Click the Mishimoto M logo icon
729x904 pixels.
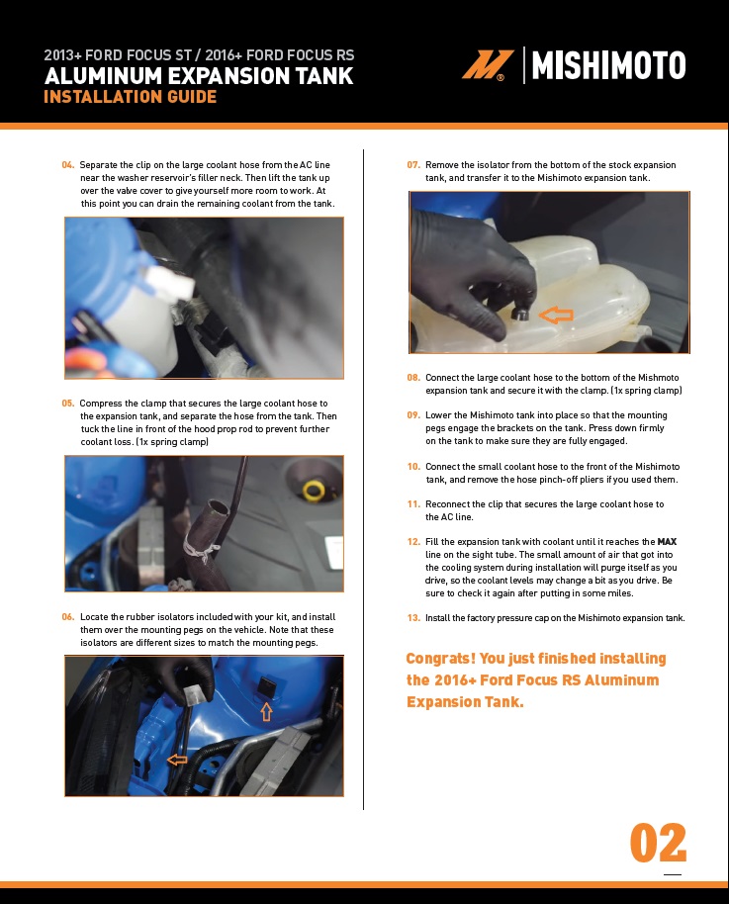(x=488, y=64)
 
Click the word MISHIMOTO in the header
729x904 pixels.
(x=608, y=65)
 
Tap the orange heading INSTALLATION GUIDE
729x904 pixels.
(x=131, y=96)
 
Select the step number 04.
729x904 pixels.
(x=68, y=165)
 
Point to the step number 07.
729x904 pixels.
(x=413, y=165)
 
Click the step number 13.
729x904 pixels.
(x=413, y=618)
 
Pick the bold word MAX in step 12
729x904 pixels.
(x=667, y=542)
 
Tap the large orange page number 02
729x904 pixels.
(x=658, y=843)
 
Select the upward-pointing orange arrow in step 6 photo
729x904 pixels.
(x=266, y=712)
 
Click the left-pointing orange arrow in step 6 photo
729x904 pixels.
(x=177, y=760)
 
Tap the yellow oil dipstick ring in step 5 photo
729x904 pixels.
(x=315, y=491)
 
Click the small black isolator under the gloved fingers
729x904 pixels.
(x=521, y=314)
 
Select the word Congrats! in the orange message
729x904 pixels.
(x=440, y=659)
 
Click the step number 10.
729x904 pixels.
(x=413, y=467)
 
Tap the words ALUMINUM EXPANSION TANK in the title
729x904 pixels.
(x=199, y=76)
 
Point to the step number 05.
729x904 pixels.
(x=68, y=404)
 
